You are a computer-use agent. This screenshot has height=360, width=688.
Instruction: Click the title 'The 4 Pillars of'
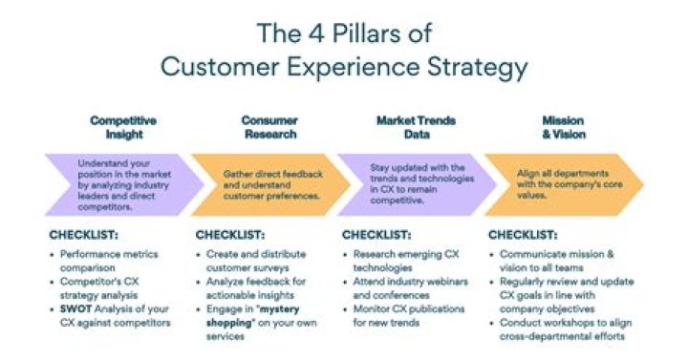pos(343,33)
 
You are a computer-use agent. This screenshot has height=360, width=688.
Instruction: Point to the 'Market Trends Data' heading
pos(416,128)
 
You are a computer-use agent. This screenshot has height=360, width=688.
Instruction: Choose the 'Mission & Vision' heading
pos(563,128)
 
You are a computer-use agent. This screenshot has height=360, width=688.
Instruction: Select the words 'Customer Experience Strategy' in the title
pos(343,67)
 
